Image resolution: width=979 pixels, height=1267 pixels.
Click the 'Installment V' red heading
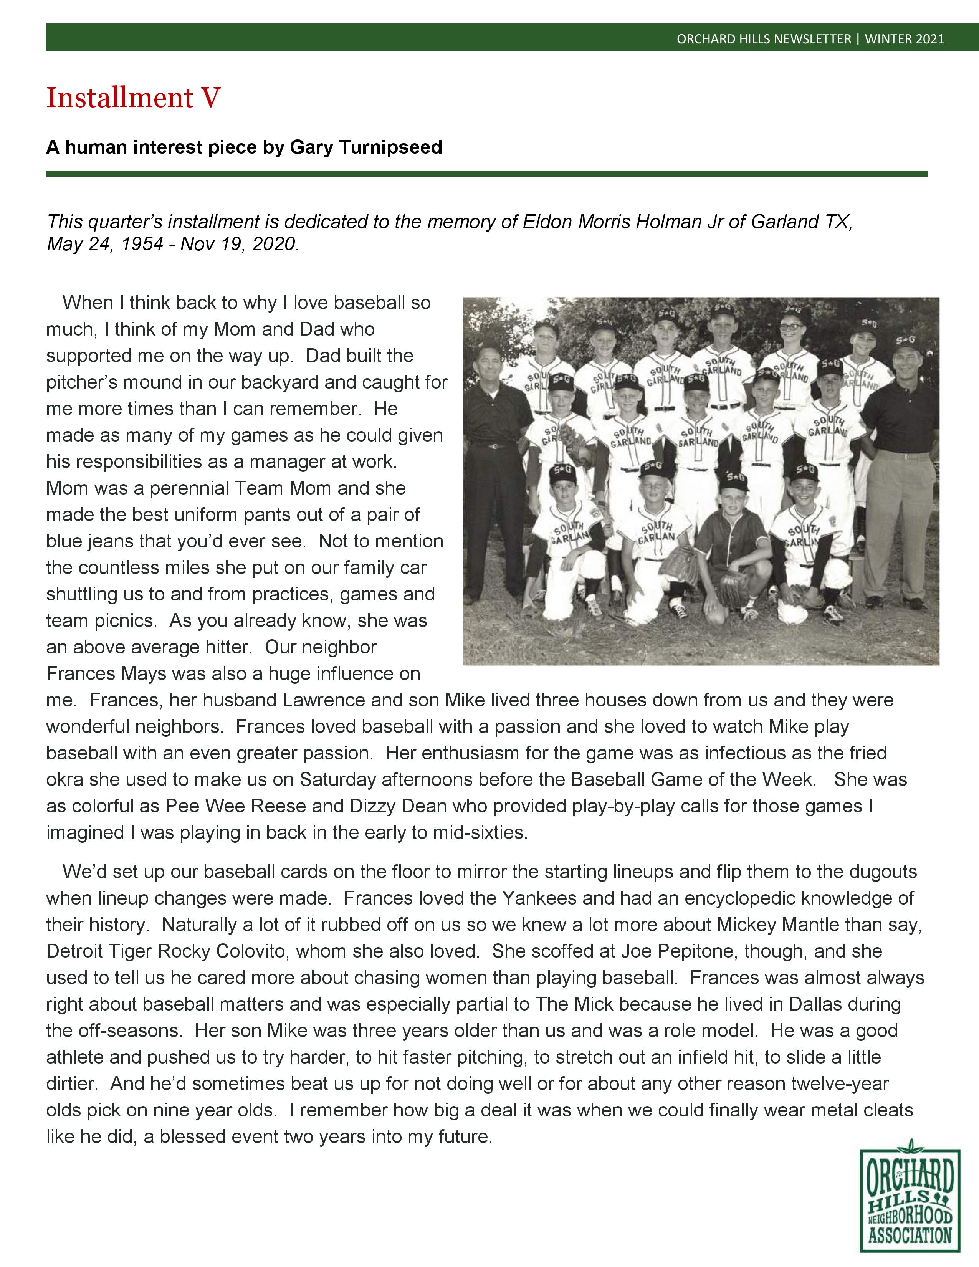133,98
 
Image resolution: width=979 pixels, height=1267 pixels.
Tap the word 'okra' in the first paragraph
65,779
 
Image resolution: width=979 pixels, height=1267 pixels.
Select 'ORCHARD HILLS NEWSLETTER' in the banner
764,39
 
